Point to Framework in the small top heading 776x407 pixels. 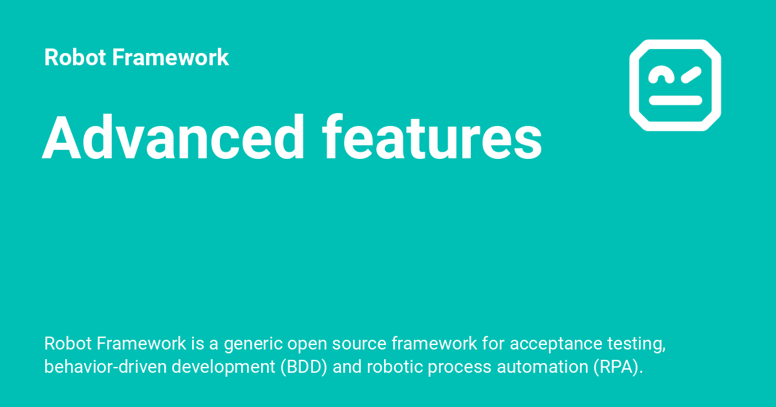[170, 57]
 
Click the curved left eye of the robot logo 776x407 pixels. [660, 76]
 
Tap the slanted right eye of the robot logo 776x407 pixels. [691, 75]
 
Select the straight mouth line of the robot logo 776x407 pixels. [675, 100]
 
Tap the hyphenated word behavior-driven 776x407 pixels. [99, 367]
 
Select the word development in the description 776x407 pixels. [218, 367]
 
